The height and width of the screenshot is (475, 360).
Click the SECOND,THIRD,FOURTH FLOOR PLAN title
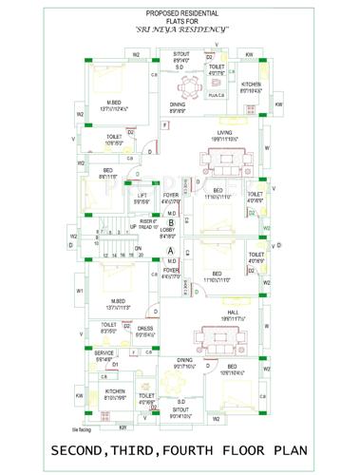pyautogui.click(x=180, y=449)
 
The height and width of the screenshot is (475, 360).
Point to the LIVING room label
pyautogui.click(x=224, y=133)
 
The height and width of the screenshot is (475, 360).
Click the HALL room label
pyautogui.click(x=233, y=312)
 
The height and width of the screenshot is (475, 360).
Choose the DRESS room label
pyautogui.click(x=145, y=328)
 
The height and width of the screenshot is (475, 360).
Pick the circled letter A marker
pyautogui.click(x=171, y=249)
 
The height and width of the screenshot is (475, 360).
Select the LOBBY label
pyautogui.click(x=167, y=231)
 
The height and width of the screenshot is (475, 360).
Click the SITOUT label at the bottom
pyautogui.click(x=180, y=408)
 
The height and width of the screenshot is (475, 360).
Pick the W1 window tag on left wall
pyautogui.click(x=80, y=290)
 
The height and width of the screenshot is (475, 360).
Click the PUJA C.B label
pyautogui.click(x=215, y=95)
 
